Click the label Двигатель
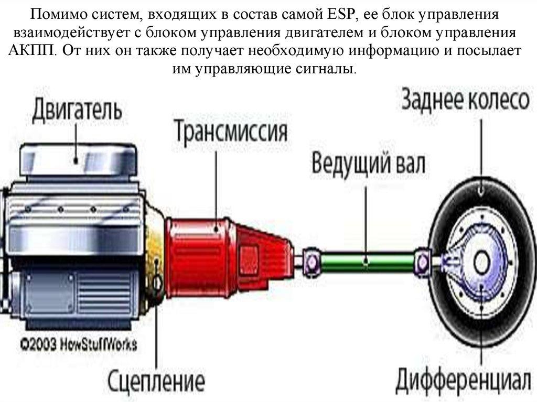click(78, 111)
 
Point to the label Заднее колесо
click(465, 100)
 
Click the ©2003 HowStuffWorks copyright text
click(79, 344)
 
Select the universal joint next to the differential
click(423, 259)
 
